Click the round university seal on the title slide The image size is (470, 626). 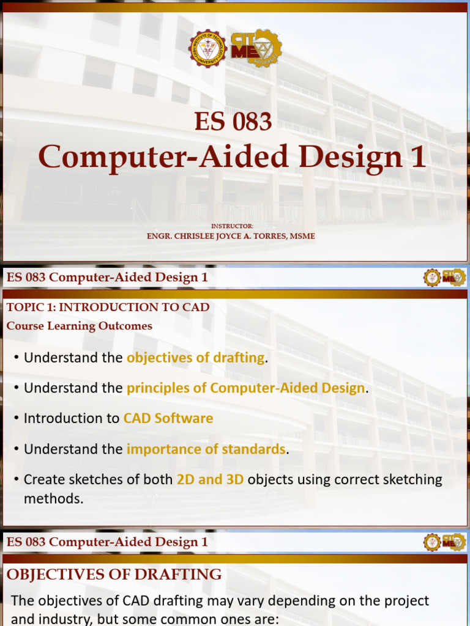click(207, 48)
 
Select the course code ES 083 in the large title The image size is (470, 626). click(233, 122)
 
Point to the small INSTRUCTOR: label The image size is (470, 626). click(231, 226)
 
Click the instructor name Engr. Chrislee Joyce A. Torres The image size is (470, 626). click(231, 236)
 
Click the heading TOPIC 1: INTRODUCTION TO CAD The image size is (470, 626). click(108, 307)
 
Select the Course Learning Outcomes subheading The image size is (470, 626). click(80, 326)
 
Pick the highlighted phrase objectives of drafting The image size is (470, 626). click(195, 358)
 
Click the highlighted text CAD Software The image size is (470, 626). click(168, 419)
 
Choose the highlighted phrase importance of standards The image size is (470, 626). click(206, 449)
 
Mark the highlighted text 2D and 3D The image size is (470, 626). click(210, 480)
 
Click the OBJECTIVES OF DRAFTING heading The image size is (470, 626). click(114, 574)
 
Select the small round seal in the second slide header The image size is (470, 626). click(432, 278)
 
